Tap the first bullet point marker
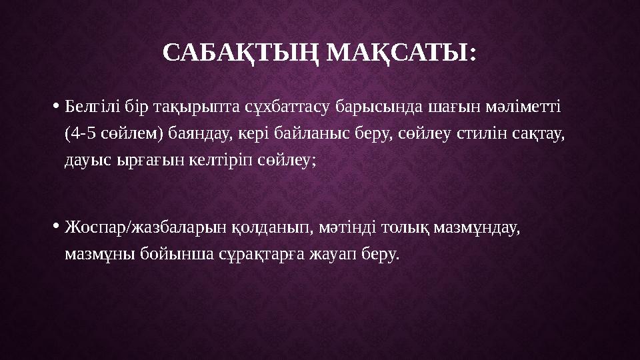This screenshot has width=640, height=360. click(x=55, y=106)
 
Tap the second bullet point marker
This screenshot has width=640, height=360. click(x=55, y=227)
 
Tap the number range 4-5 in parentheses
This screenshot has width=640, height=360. click(x=83, y=133)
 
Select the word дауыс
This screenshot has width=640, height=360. click(x=86, y=160)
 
